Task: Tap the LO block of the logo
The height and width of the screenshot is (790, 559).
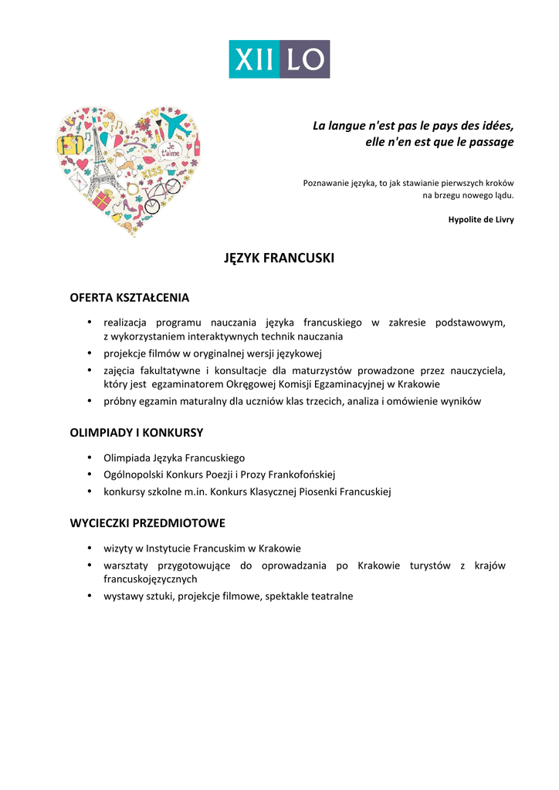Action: click(x=304, y=59)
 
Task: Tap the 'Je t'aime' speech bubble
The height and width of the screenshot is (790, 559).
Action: click(x=171, y=149)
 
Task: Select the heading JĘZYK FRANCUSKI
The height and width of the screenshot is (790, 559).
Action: click(x=279, y=258)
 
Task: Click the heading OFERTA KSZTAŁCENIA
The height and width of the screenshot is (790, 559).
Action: click(x=130, y=297)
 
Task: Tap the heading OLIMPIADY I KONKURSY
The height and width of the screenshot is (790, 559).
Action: click(x=137, y=433)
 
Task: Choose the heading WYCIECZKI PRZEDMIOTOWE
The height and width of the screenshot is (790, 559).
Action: click(x=147, y=523)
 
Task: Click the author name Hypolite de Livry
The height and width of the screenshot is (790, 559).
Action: click(x=481, y=220)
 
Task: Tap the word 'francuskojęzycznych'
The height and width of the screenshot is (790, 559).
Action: click(x=151, y=579)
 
